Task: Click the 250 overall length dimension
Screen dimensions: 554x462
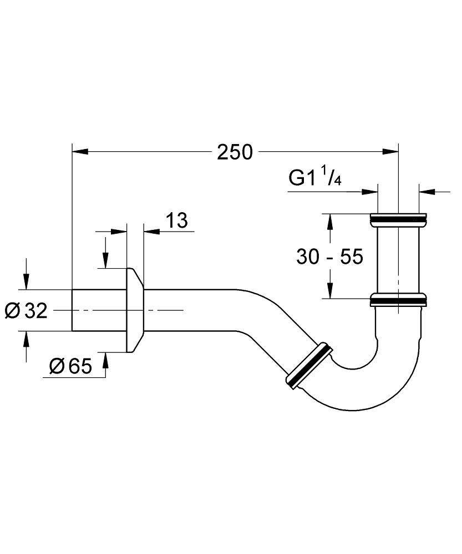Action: tap(235, 151)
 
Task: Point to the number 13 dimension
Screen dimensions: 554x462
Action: tap(176, 220)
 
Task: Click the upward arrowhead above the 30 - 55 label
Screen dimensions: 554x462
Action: tap(330, 221)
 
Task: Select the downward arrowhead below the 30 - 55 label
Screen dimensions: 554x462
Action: tap(330, 291)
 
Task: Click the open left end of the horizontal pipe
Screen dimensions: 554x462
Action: tap(74, 310)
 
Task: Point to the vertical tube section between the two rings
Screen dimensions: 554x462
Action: tap(398, 259)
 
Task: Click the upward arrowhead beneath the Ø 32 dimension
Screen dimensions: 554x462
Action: tap(26, 339)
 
